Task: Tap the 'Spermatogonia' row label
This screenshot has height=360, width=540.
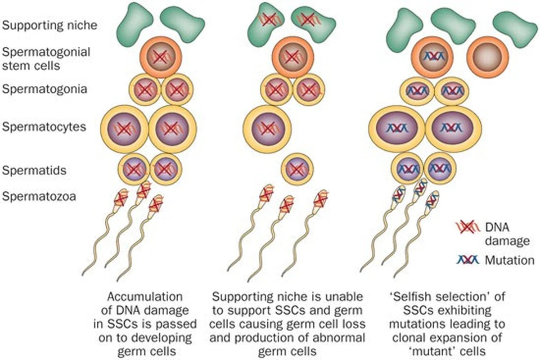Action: tap(45, 89)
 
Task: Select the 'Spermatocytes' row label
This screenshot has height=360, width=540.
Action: tap(44, 127)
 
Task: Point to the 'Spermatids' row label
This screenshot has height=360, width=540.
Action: tap(34, 170)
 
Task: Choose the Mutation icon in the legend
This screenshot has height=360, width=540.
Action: tap(468, 260)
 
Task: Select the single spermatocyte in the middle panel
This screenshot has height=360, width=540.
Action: tap(267, 128)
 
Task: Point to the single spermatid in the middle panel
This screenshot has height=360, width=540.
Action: tap(297, 169)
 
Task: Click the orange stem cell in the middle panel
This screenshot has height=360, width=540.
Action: tap(292, 57)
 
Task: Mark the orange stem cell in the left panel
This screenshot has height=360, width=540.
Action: tap(161, 57)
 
